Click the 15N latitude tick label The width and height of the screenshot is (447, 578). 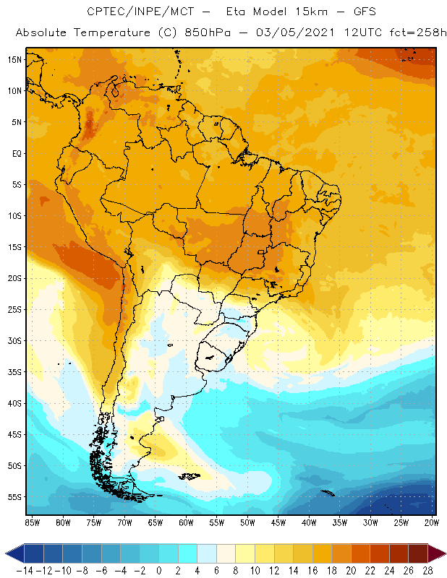pyautogui.click(x=15, y=59)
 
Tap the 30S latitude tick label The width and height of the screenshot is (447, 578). pyautogui.click(x=15, y=340)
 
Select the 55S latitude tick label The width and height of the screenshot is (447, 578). pyautogui.click(x=15, y=496)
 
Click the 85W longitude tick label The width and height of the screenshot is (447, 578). pyautogui.click(x=32, y=522)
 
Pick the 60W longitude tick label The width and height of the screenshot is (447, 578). pyautogui.click(x=186, y=522)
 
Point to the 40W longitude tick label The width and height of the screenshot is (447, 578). pyautogui.click(x=309, y=522)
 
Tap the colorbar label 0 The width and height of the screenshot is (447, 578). pyautogui.click(x=158, y=570)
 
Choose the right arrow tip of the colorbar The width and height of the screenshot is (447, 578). pyautogui.click(x=442, y=553)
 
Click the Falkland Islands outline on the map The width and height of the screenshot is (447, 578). pyautogui.click(x=190, y=475)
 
